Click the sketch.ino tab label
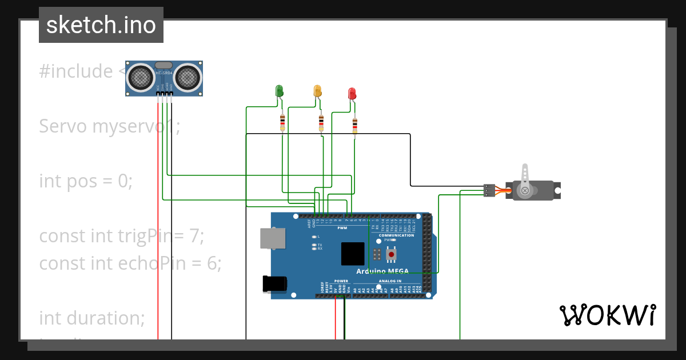click(x=101, y=25)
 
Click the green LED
click(x=279, y=91)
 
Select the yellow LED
click(x=317, y=91)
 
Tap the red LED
click(x=352, y=94)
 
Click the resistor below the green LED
click(x=282, y=122)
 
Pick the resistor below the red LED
click(x=355, y=125)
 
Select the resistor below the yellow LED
click(x=321, y=122)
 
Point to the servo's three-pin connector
click(x=489, y=190)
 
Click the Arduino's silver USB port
click(x=273, y=238)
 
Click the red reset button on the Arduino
click(x=392, y=254)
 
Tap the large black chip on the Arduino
click(x=352, y=254)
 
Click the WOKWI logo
click(x=607, y=315)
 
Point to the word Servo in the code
click(x=63, y=126)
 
